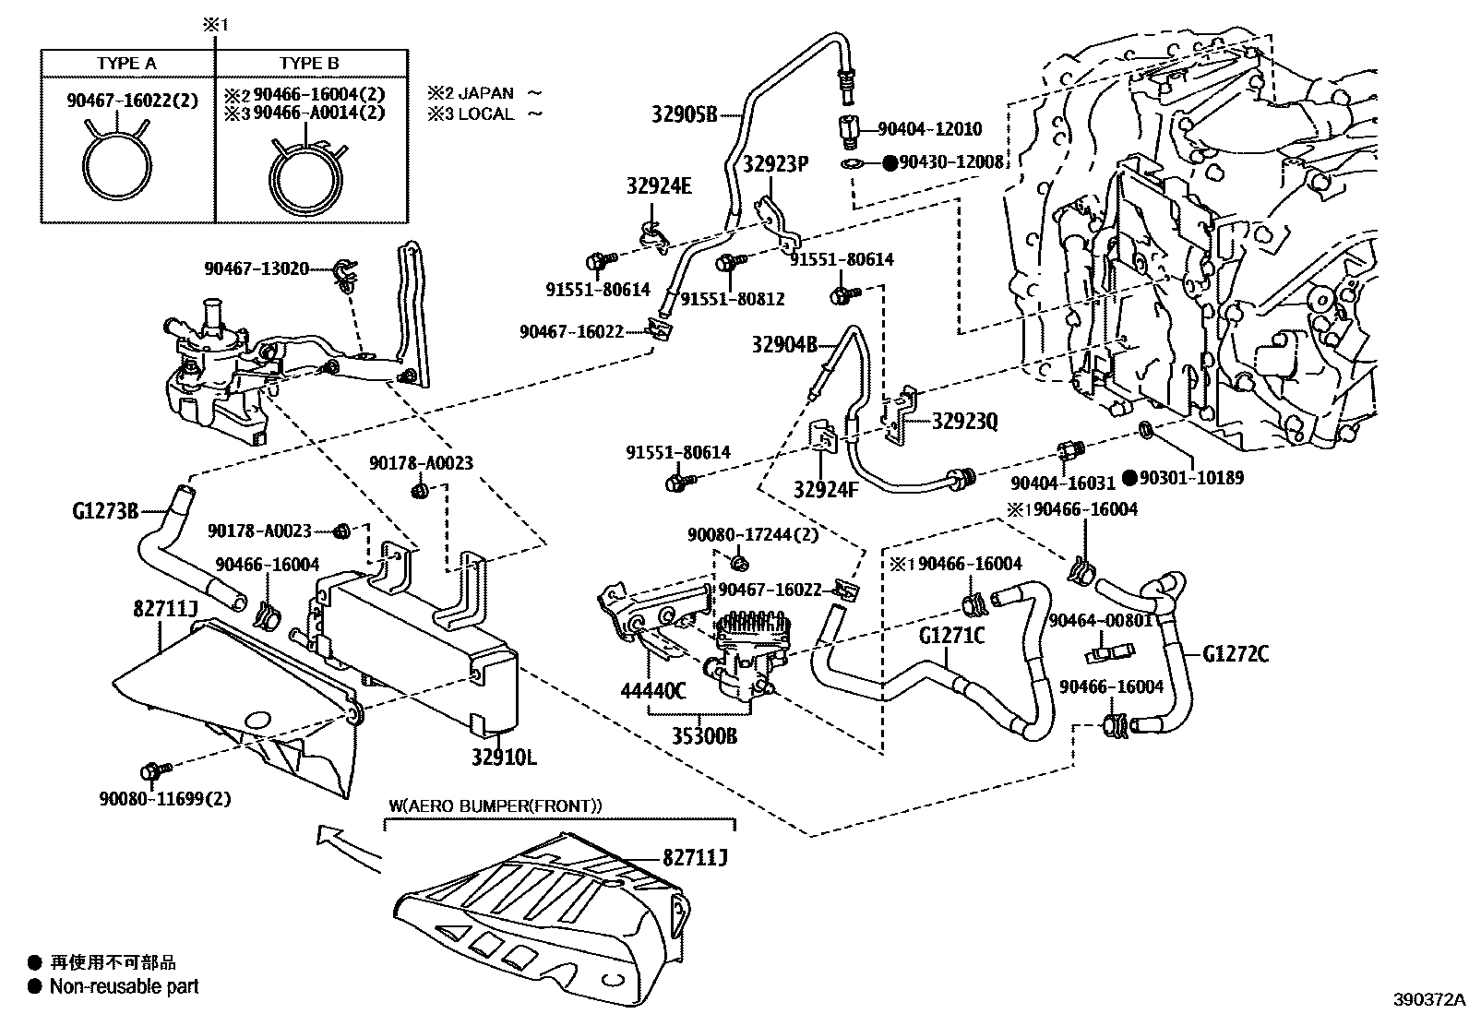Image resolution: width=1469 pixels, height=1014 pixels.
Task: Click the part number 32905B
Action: [x=684, y=114]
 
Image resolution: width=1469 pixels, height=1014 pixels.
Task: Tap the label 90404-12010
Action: [x=929, y=128]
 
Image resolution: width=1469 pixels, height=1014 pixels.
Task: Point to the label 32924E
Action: [x=659, y=186]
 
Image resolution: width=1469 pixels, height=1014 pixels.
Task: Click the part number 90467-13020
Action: [x=257, y=268]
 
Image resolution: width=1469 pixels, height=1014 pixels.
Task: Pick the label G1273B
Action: [x=105, y=510]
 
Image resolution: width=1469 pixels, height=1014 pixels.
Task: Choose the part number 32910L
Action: [x=504, y=758]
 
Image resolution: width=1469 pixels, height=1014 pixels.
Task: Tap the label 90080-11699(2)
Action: [x=165, y=799]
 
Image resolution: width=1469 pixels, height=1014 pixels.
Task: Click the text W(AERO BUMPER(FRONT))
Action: [x=496, y=805]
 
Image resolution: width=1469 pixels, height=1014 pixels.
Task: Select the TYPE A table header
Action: [x=126, y=64]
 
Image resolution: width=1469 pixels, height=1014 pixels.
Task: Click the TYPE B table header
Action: [x=309, y=64]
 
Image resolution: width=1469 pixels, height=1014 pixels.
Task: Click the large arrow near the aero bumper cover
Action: [x=348, y=849]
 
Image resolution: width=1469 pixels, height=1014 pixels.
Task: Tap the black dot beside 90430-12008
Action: [x=890, y=162]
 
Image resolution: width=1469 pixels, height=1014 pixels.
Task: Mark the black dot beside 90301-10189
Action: [x=1129, y=478]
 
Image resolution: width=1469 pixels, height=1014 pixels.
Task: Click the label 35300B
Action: [x=704, y=736]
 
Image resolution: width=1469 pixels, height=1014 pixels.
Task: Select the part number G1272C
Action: [x=1236, y=654]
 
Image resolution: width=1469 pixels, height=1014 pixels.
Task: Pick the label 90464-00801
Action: [x=1101, y=620]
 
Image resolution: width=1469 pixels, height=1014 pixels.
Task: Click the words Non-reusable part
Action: [x=124, y=986]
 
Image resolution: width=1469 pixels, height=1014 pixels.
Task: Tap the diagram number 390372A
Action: [x=1429, y=1000]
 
